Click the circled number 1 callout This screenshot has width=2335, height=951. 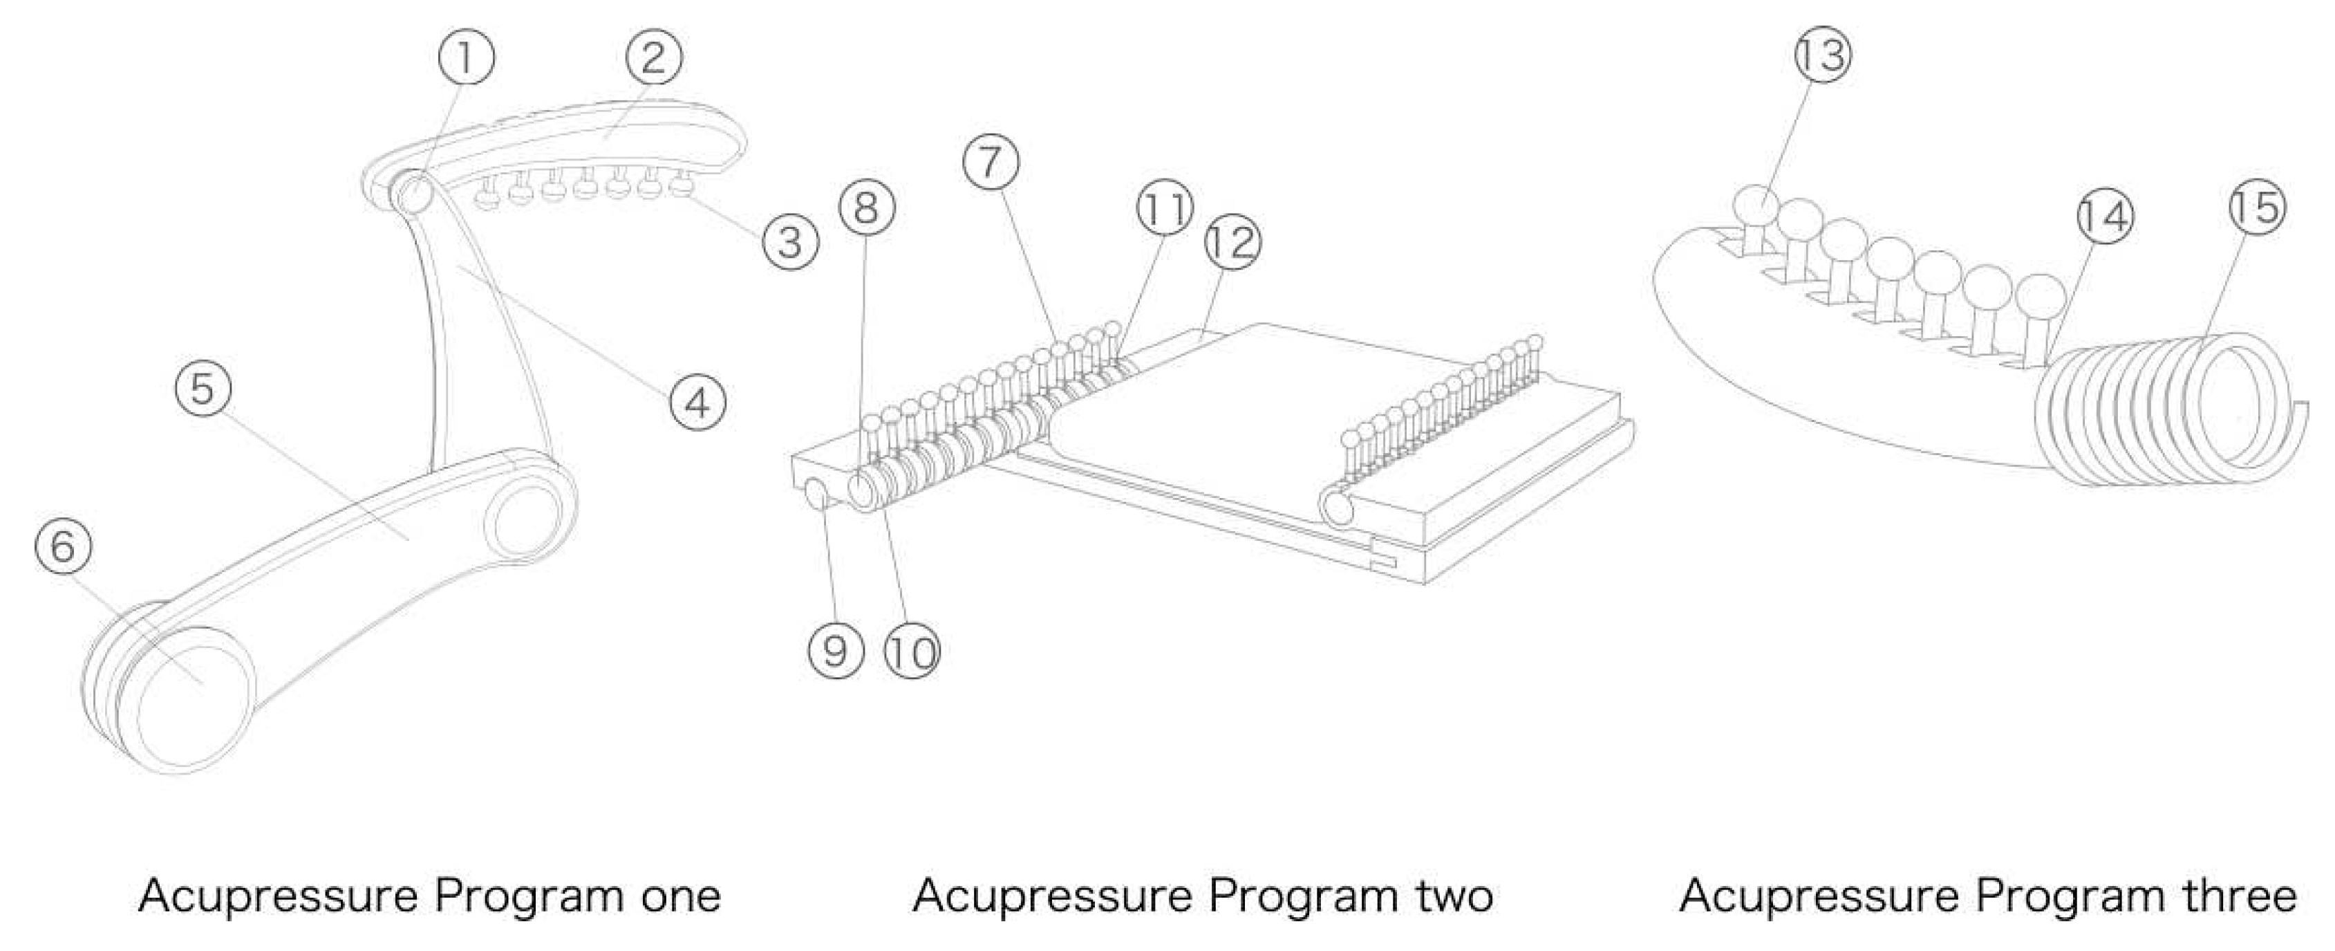pos(466,58)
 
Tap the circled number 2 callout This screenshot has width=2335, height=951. pos(653,58)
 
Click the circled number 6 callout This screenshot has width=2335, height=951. pos(62,546)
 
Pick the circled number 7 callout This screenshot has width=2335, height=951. pos(991,163)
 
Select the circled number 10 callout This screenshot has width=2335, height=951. pos(912,652)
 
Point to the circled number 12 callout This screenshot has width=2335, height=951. pos(1232,242)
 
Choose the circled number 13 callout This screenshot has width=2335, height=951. pos(1823,55)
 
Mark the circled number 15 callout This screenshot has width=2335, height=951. pos(2256,207)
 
